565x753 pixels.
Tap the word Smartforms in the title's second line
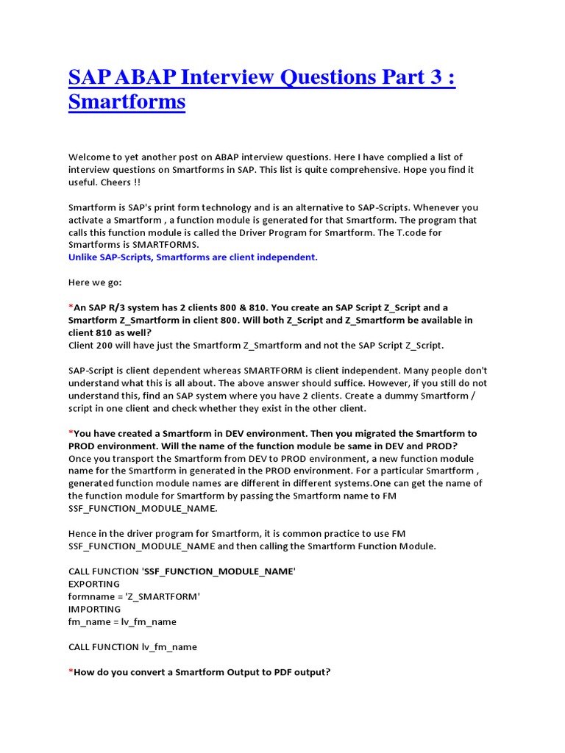click(x=127, y=101)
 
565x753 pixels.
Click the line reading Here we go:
click(x=96, y=282)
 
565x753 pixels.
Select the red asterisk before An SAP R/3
click(x=71, y=307)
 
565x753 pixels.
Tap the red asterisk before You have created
click(x=71, y=433)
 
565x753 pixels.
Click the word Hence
click(x=83, y=533)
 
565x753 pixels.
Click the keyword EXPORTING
click(x=94, y=584)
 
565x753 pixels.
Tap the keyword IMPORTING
click(x=95, y=609)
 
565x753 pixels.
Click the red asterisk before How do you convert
click(x=71, y=671)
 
